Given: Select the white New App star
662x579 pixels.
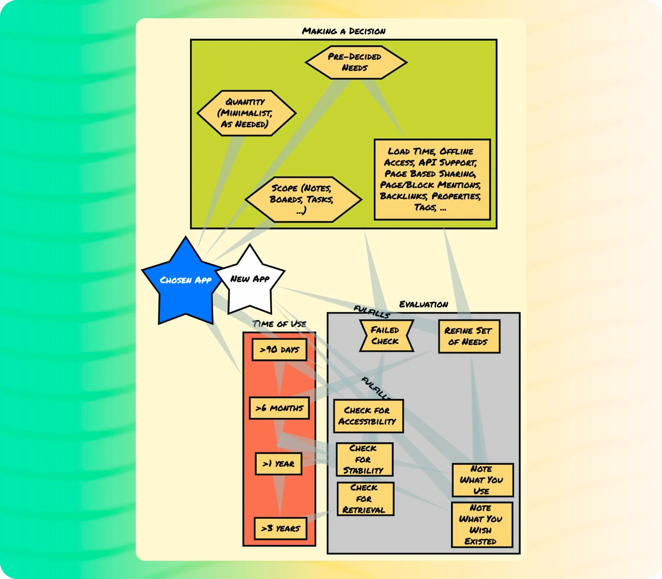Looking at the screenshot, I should coord(250,280).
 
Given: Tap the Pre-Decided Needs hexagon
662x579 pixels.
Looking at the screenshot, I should coord(356,62).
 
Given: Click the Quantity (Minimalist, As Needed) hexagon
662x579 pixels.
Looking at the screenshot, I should coord(246,113).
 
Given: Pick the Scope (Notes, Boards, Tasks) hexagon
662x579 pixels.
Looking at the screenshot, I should coord(303,199).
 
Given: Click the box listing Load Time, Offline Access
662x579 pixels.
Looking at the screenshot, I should coord(432,179).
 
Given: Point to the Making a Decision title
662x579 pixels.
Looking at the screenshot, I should coord(343,31).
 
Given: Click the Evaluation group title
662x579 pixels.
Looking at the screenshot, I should coord(423,304).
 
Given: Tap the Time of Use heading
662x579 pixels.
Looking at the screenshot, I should coord(279,324).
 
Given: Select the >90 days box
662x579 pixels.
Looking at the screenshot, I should coord(280,350).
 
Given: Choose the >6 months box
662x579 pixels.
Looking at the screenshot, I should coord(279,408).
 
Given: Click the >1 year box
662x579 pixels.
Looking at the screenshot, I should coord(278,464).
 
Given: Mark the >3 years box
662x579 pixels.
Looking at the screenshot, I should coord(280,528).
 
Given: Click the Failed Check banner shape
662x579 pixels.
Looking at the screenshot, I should coord(386,336).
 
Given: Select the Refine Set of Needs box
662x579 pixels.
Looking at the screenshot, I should coord(468,336).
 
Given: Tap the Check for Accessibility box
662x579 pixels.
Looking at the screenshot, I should coord(368,416).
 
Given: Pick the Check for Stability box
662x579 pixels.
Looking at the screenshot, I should coord(364,459).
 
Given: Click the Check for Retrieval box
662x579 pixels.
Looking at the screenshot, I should coord(365,499).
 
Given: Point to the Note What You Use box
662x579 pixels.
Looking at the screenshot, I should coord(482,480).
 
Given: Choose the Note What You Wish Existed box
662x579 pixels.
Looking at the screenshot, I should coord(481,525).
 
